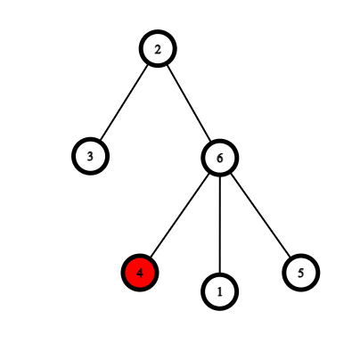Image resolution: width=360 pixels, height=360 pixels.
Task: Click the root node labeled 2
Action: [x=158, y=49]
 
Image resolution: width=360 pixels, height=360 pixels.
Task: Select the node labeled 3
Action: [x=90, y=156]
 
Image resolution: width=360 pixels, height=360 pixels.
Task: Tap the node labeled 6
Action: [x=220, y=158]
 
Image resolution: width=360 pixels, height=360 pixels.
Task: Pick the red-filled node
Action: [x=140, y=273]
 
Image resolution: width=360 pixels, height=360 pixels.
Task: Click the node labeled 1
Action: [x=220, y=291]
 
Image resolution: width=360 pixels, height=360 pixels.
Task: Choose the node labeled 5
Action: [x=301, y=273]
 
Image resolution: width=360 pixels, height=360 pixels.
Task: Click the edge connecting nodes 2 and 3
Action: [x=124, y=102]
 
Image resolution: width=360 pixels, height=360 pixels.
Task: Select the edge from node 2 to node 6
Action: [x=189, y=103]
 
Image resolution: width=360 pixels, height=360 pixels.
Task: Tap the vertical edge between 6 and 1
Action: [x=220, y=225]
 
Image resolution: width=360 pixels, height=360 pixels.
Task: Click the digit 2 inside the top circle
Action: [x=158, y=50]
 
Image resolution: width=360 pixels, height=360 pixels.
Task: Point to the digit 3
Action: [x=90, y=156]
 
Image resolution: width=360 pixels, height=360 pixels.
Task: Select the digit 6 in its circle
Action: [x=220, y=159]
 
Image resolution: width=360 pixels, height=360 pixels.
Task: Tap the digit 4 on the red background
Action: [x=140, y=273]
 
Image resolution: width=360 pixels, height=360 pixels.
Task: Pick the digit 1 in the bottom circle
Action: [x=220, y=292]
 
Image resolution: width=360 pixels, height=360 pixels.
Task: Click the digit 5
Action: [x=301, y=273]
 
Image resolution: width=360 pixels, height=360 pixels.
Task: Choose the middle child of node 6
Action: [x=220, y=291]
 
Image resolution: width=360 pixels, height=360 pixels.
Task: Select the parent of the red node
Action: [x=220, y=158]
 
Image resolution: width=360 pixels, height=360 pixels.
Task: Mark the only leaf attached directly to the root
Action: [x=90, y=156]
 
